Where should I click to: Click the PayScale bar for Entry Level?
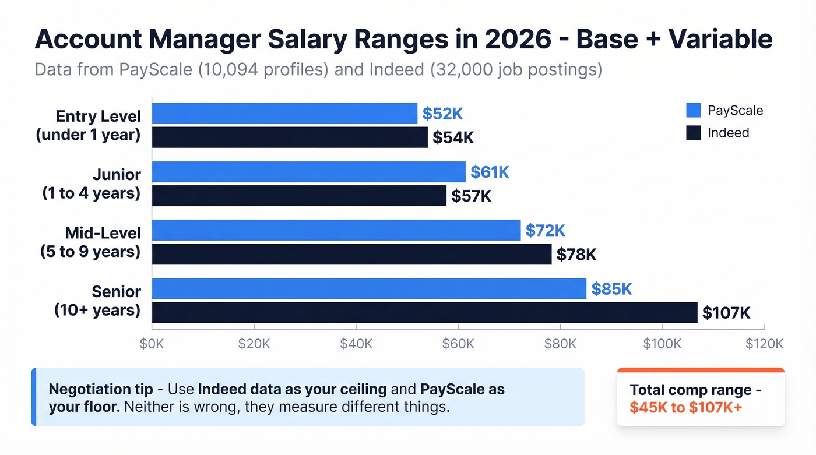284,114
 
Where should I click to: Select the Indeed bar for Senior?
424,313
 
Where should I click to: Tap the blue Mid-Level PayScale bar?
336,230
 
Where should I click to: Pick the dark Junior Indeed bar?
299,196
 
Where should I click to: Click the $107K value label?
726,313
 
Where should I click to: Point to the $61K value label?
490,172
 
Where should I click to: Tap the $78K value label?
576,255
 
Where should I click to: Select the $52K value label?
442,114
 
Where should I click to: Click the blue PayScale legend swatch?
693,110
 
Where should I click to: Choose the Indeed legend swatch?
693,133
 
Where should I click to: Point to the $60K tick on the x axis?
458,344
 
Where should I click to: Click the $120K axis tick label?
764,344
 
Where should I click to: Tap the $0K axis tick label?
152,344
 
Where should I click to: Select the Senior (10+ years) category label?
97,301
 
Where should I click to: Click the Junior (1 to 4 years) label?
92,184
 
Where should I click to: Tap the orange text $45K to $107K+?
686,407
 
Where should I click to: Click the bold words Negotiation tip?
100,389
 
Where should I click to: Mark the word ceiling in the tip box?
363,389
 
